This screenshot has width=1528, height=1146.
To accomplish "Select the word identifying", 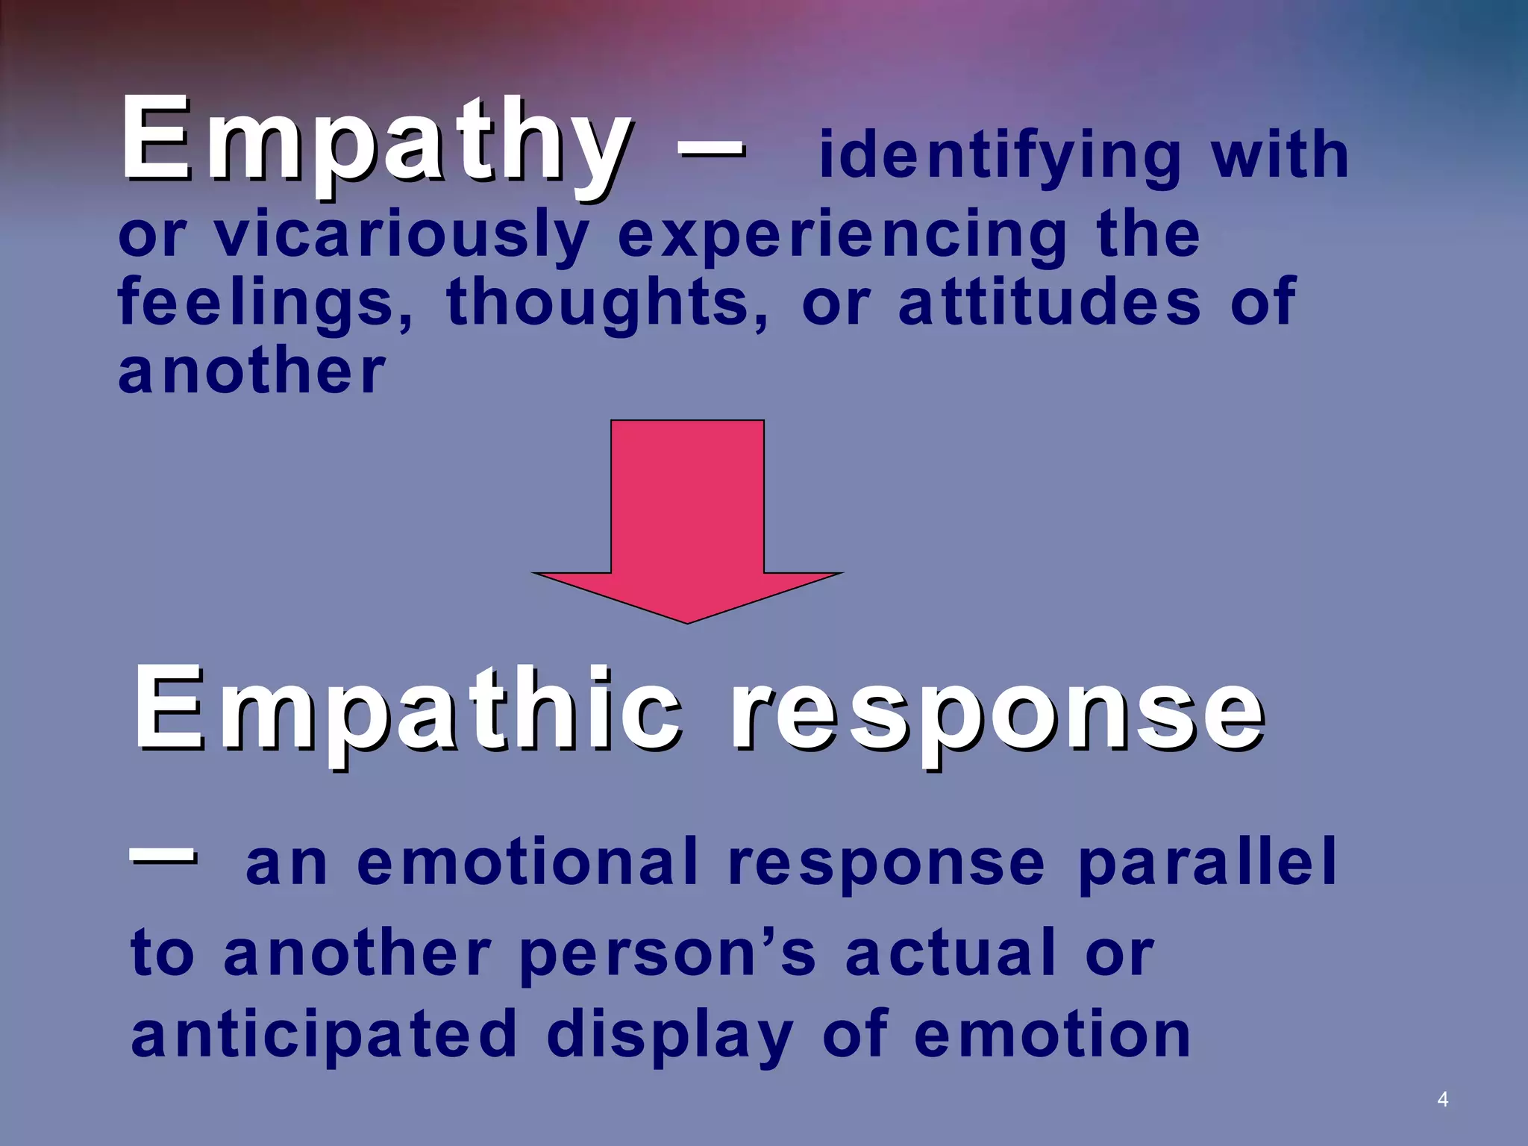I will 1000,157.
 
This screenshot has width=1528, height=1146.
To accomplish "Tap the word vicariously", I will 401,235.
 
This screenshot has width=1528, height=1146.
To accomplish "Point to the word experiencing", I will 843,235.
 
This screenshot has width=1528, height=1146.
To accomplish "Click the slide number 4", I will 1442,1099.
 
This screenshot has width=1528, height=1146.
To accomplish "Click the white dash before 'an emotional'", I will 163,857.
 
